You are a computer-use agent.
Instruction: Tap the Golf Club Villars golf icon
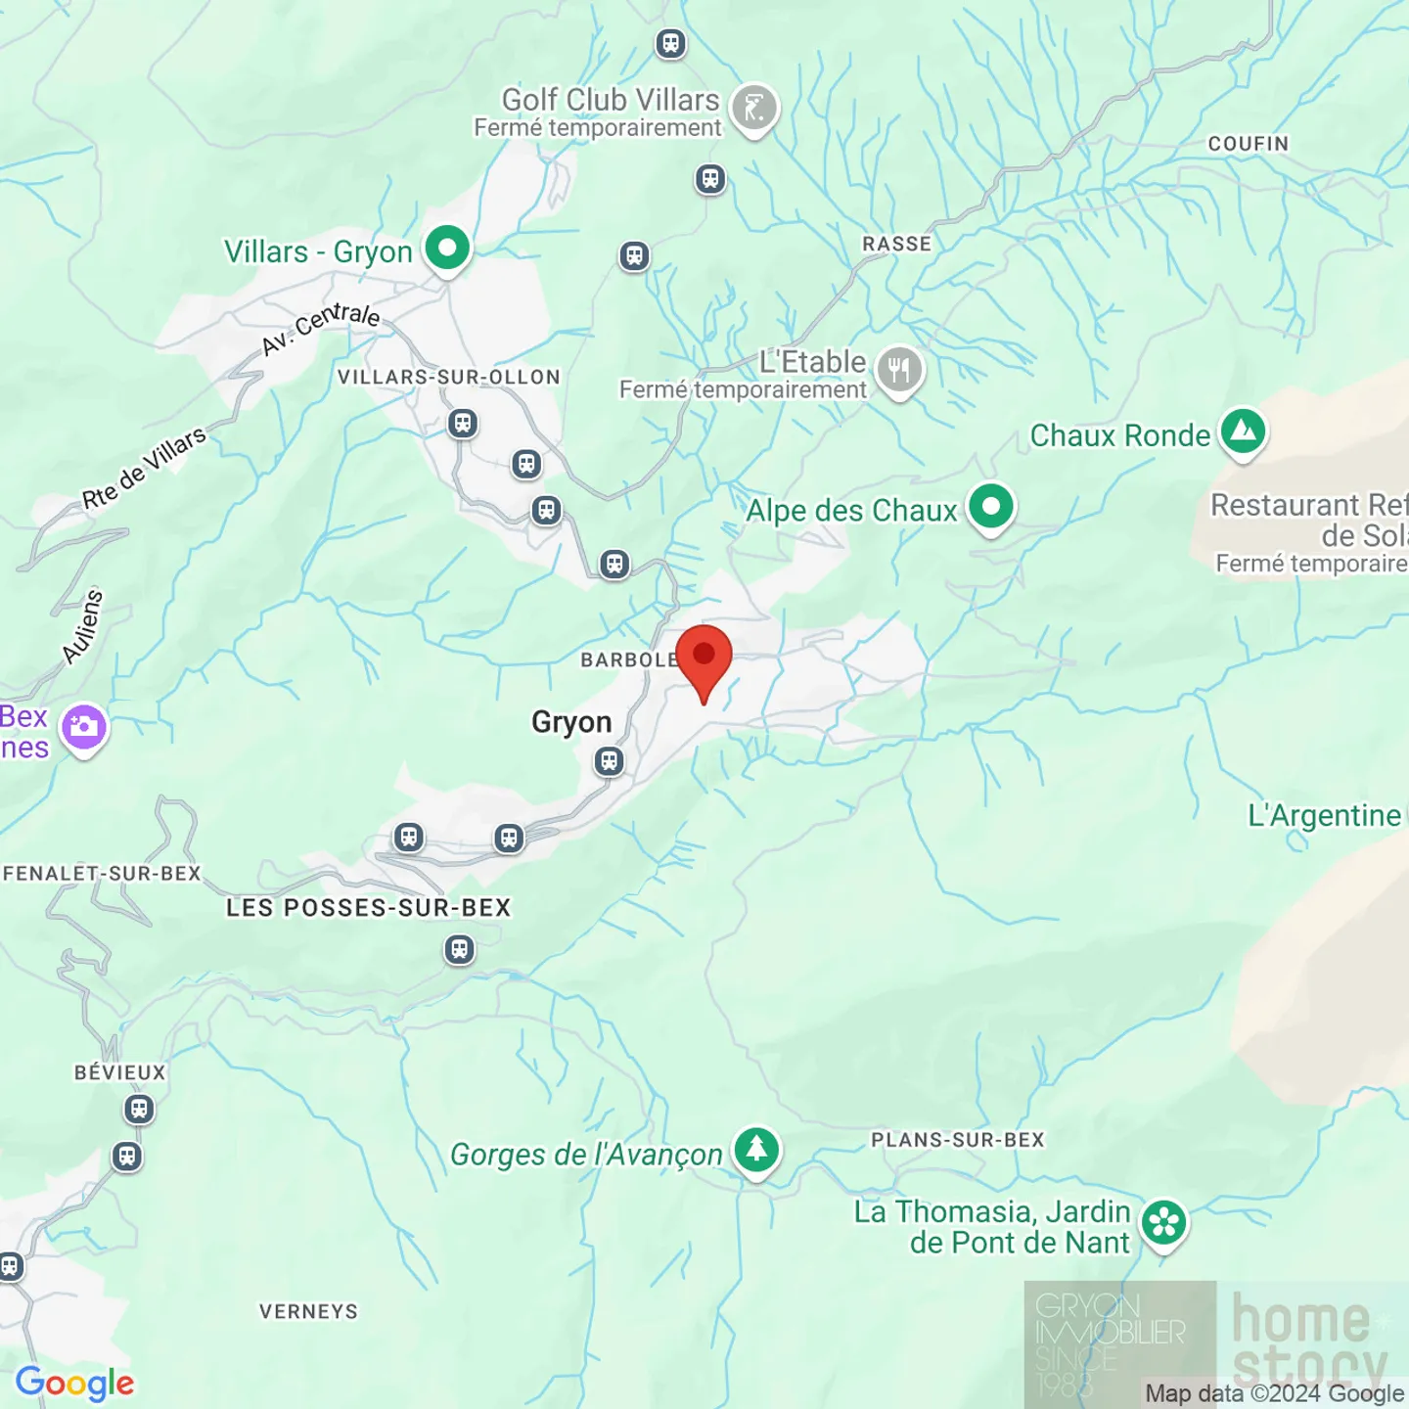pyautogui.click(x=754, y=108)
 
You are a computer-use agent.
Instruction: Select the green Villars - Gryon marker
pyautogui.click(x=447, y=249)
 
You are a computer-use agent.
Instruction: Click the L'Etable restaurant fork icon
pyautogui.click(x=899, y=370)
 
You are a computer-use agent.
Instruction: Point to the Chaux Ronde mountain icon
pyautogui.click(x=1244, y=431)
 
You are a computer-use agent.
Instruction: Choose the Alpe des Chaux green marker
pyautogui.click(x=991, y=507)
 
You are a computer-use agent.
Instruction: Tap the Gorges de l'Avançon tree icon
pyautogui.click(x=756, y=1150)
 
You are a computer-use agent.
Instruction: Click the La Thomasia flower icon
pyautogui.click(x=1164, y=1222)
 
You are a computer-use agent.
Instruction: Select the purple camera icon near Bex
pyautogui.click(x=84, y=727)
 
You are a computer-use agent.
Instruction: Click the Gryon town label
pyautogui.click(x=571, y=722)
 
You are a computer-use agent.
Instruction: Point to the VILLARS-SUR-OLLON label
pyautogui.click(x=449, y=378)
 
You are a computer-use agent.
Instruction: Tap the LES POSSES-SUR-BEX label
pyautogui.click(x=369, y=908)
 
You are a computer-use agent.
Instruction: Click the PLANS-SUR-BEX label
pyautogui.click(x=958, y=1140)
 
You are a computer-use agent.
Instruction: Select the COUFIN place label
pyautogui.click(x=1249, y=144)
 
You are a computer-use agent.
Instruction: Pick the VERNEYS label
pyautogui.click(x=309, y=1311)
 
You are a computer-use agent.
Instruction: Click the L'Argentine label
pyautogui.click(x=1324, y=815)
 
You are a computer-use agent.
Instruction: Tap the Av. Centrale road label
pyautogui.click(x=321, y=328)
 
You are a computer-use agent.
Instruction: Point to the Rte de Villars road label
pyautogui.click(x=144, y=468)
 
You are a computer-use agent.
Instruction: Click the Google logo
pyautogui.click(x=75, y=1384)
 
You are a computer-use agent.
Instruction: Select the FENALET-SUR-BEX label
pyautogui.click(x=102, y=873)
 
